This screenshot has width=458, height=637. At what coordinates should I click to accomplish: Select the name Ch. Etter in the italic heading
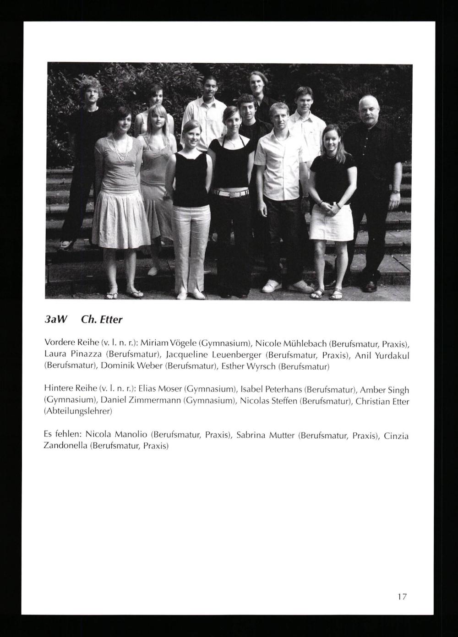click(x=101, y=320)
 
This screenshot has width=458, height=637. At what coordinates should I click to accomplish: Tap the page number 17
click(x=402, y=597)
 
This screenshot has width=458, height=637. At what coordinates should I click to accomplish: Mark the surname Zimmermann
click(x=141, y=401)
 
